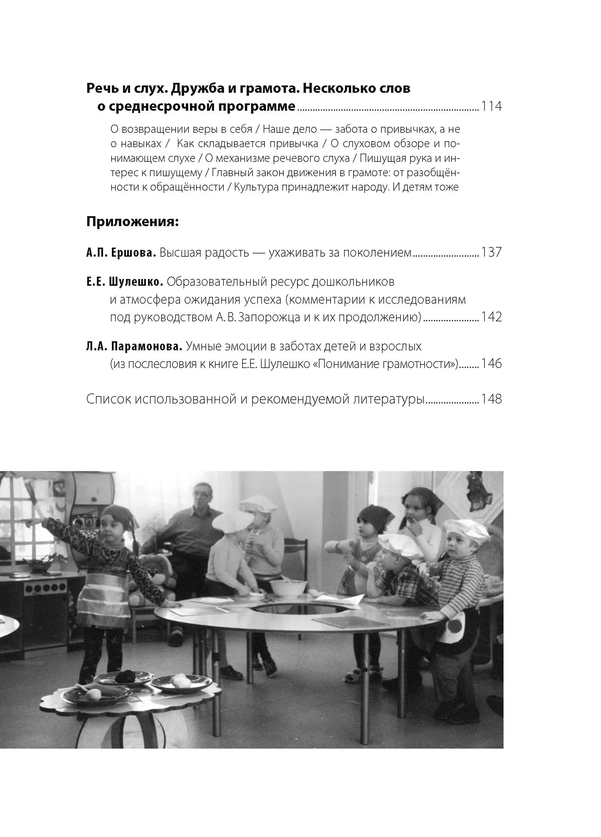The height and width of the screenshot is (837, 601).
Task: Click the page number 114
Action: pos(491,106)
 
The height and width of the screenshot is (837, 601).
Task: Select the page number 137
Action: pos(491,253)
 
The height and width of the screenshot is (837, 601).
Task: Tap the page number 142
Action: pos(491,317)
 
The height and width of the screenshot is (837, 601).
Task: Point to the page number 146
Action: pos(491,364)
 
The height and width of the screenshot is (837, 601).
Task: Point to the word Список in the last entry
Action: pos(108,399)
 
